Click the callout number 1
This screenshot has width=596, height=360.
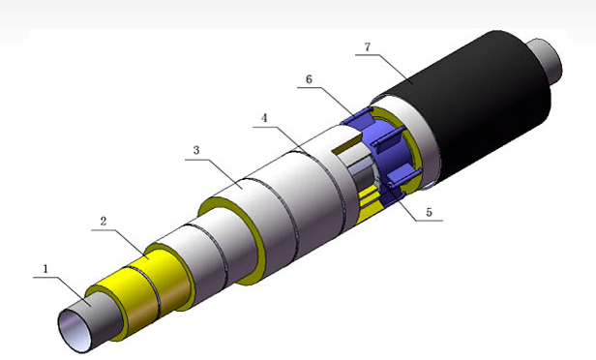[45, 269]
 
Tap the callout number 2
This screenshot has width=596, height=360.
[104, 222]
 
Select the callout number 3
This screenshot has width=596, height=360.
[196, 151]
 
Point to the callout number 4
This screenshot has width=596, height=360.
[264, 118]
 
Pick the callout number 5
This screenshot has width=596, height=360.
[430, 212]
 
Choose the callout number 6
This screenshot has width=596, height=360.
[309, 79]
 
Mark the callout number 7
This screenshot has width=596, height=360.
[368, 46]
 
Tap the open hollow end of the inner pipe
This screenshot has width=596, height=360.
[74, 330]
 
